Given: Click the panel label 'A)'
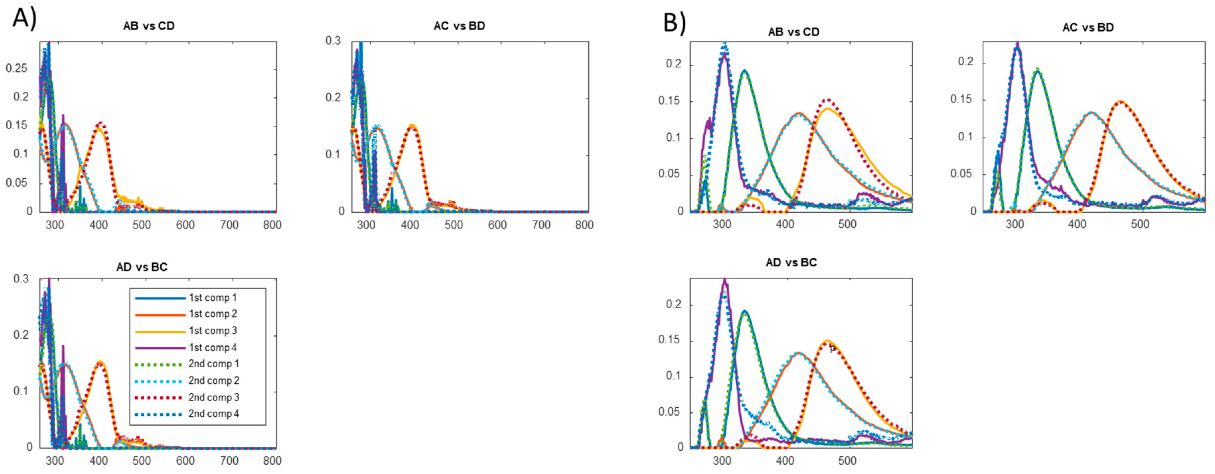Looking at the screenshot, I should click(x=24, y=19).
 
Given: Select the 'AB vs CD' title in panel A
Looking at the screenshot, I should click(x=149, y=26).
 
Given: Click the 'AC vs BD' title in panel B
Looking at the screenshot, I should click(x=1088, y=27).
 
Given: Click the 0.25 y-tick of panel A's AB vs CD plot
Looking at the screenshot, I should click(x=17, y=68).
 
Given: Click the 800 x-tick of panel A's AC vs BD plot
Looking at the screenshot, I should click(x=584, y=225).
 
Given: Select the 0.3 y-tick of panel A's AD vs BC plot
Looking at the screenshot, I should click(x=21, y=279).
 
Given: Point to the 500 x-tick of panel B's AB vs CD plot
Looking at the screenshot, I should click(x=847, y=224).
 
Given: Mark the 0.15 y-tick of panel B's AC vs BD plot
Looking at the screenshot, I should click(x=961, y=100).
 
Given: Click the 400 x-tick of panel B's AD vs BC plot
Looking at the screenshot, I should click(x=785, y=460).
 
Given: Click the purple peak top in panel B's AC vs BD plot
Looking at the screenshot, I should click(x=1018, y=43).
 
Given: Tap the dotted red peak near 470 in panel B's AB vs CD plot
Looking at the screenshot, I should click(x=828, y=100).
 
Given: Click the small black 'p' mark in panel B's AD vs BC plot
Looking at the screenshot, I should click(x=832, y=349).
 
